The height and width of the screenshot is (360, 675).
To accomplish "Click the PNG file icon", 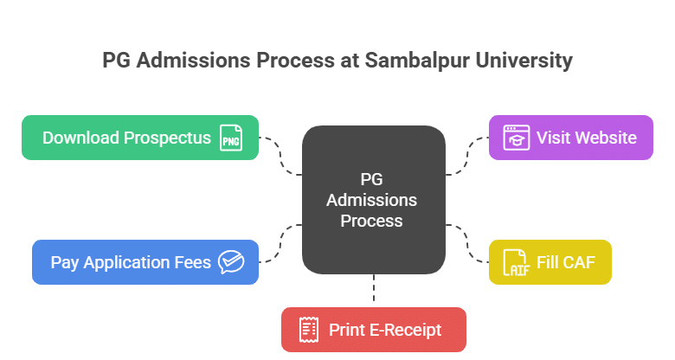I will click(230, 138).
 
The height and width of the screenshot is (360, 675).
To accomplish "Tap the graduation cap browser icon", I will click(517, 138).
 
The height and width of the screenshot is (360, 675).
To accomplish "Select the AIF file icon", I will click(517, 262).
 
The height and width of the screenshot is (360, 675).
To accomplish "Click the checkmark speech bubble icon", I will click(230, 262).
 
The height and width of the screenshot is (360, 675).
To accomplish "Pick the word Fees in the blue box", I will click(191, 262).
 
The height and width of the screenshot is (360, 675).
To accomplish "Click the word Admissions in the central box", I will click(373, 200).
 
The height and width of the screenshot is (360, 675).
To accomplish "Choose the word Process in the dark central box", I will click(371, 221).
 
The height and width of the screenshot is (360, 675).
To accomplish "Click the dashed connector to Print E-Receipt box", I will click(374, 291).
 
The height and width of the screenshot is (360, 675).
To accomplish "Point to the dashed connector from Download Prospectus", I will click(280, 156).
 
